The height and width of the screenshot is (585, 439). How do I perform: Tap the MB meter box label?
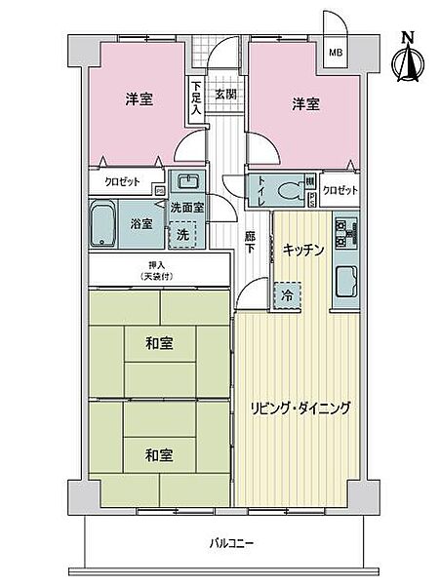click(x=335, y=53)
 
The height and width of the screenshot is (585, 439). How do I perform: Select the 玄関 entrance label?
click(x=225, y=94)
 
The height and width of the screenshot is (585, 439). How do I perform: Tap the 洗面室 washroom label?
click(x=186, y=208)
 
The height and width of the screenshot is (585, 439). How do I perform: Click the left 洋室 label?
click(x=140, y=100)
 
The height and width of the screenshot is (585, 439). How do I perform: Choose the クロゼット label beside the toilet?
click(x=339, y=190)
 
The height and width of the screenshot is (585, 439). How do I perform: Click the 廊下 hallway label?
click(x=251, y=241)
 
